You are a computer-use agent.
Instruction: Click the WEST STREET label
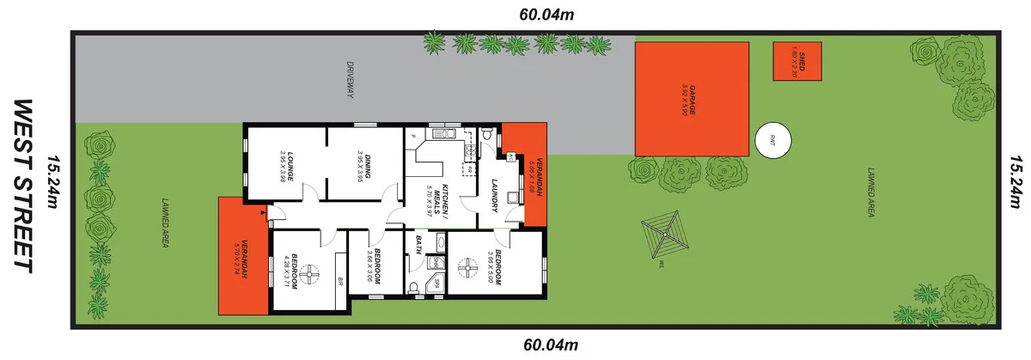pyautogui.click(x=23, y=186)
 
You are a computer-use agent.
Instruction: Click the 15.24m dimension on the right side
pyautogui.click(x=1016, y=183)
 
